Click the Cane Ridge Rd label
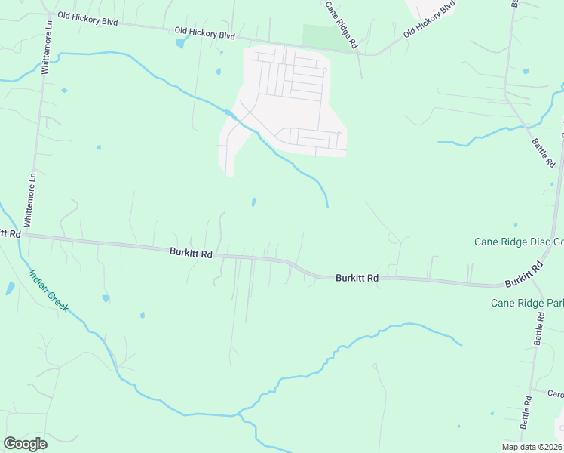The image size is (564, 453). [341, 25]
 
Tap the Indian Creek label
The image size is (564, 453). [49, 291]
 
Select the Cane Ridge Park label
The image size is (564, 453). [526, 303]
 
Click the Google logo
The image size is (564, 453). [25, 444]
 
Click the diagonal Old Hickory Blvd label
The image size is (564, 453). [429, 20]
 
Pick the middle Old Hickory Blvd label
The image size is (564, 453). [204, 34]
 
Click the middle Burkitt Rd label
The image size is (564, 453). [357, 278]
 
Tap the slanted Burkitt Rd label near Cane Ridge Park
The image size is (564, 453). [525, 274]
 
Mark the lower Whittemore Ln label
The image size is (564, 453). [31, 199]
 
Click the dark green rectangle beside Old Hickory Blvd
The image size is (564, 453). [317, 35]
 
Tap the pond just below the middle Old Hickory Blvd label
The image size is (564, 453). [181, 43]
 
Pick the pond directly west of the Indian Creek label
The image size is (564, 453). [9, 288]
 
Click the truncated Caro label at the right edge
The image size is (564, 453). [555, 394]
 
